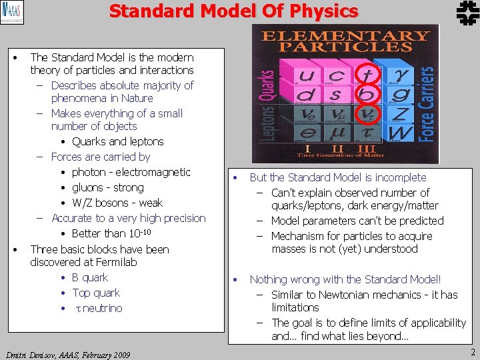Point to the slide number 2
click(472, 352)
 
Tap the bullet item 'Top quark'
click(96, 293)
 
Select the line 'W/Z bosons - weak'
click(117, 203)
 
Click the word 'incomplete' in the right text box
click(399, 177)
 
